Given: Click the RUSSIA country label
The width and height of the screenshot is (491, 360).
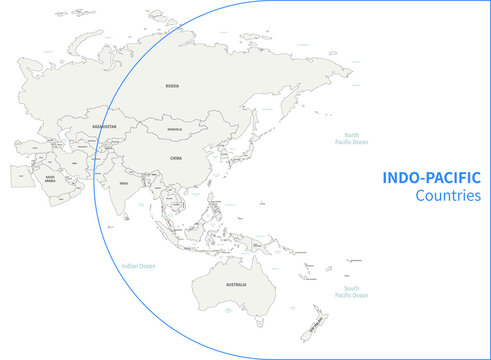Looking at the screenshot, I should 172,87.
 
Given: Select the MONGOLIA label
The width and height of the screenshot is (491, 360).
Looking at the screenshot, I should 174,130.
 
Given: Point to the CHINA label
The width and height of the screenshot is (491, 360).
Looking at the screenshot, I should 176,158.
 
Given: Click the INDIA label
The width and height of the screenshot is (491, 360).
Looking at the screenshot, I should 124,184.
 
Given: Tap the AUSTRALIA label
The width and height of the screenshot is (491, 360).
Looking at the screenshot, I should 236,285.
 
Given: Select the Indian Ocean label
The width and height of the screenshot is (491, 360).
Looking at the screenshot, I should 138,266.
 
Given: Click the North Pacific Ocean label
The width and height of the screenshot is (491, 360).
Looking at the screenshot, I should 351,139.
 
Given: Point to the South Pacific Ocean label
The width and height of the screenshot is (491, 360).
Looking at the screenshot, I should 351,292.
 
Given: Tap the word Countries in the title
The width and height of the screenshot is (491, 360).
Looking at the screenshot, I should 447,196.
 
